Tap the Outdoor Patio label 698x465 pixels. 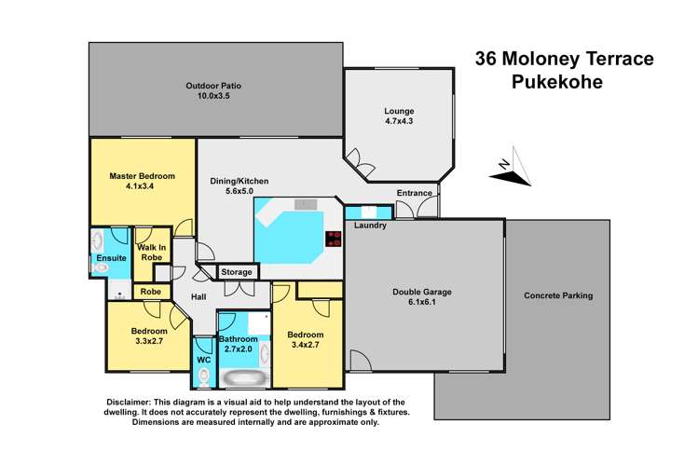[207, 90]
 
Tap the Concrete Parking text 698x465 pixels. [558, 295]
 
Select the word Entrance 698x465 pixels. [415, 193]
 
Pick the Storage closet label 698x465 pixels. [237, 272]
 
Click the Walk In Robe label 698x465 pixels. [151, 253]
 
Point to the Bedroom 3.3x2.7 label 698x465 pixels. [149, 335]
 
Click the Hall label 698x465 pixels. [198, 296]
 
